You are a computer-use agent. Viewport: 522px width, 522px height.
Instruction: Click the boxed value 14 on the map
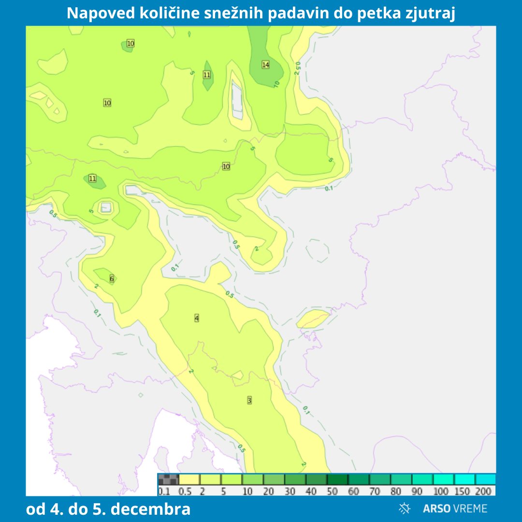pyautogui.click(x=265, y=65)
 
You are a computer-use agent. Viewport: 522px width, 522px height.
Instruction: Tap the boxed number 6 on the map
pyautogui.click(x=112, y=278)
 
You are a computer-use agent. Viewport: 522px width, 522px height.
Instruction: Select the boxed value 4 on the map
pyautogui.click(x=197, y=318)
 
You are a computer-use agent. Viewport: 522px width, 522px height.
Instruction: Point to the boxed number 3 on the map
pyautogui.click(x=249, y=400)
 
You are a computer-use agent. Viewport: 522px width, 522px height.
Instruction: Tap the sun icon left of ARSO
pyautogui.click(x=405, y=508)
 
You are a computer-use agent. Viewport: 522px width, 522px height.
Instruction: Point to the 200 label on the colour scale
pyautogui.click(x=485, y=492)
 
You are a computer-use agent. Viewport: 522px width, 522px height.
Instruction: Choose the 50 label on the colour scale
pyautogui.click(x=333, y=492)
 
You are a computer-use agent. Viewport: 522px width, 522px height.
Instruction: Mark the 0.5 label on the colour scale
pyautogui.click(x=185, y=492)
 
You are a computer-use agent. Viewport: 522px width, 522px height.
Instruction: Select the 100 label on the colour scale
pyautogui.click(x=441, y=492)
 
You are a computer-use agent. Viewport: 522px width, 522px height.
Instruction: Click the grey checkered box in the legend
pyautogui.click(x=168, y=479)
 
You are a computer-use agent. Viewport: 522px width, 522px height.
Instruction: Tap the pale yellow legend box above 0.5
pyautogui.click(x=189, y=479)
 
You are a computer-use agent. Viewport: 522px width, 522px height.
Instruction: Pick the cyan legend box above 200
pyautogui.click(x=485, y=479)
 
